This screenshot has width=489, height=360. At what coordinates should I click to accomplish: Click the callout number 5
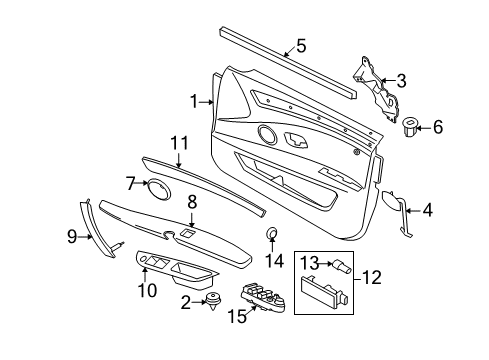301,46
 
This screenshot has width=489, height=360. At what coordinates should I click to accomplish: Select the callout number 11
179,143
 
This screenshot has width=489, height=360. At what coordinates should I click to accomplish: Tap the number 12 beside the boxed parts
371,277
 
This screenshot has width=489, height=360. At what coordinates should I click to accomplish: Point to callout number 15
237,316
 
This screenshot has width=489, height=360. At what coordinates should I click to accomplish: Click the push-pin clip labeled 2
214,300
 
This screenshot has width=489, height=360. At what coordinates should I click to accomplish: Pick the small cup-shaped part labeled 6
409,127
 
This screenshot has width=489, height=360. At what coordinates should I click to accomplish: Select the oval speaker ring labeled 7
158,190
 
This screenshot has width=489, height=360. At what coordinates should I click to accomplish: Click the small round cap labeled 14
272,232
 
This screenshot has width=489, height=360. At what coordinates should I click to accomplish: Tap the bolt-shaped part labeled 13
340,266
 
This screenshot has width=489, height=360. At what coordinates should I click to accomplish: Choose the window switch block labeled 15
264,297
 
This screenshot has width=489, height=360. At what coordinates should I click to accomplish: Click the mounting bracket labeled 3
377,88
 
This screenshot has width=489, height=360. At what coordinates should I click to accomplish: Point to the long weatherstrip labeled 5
289,63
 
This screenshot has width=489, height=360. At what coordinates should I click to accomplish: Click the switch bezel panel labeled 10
176,268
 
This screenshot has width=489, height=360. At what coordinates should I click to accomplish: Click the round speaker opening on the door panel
267,134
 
